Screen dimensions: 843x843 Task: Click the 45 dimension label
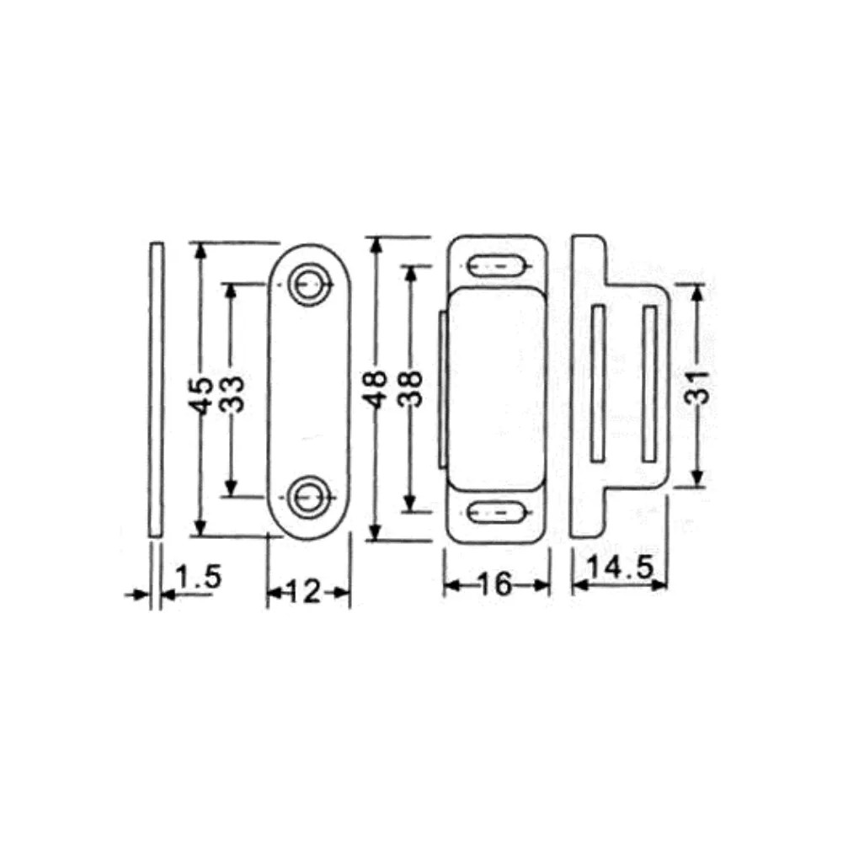tap(202, 396)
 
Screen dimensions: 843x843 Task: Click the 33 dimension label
tap(232, 393)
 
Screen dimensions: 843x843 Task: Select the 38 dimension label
tap(411, 388)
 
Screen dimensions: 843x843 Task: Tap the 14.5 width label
tap(620, 568)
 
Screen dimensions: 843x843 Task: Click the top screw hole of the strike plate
tap(308, 284)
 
